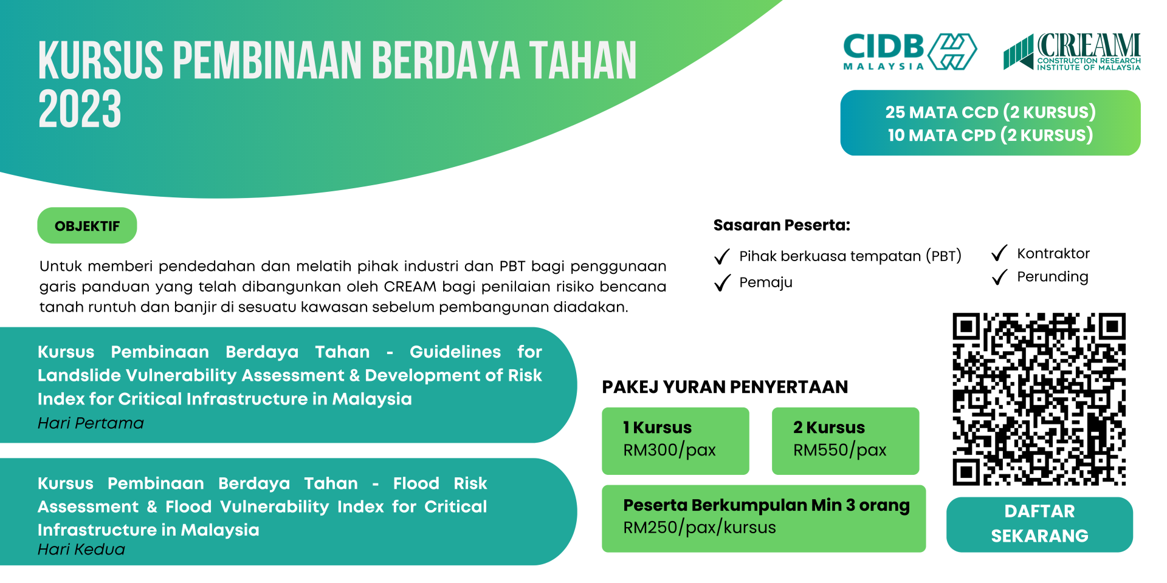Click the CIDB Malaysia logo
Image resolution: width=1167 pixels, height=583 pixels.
pyautogui.click(x=910, y=52)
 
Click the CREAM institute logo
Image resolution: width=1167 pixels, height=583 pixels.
pyautogui.click(x=1072, y=52)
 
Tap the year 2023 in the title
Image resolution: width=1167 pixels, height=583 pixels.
pyautogui.click(x=80, y=109)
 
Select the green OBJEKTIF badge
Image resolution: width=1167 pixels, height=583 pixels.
pyautogui.click(x=87, y=226)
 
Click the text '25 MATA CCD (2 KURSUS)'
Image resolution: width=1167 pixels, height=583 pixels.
pyautogui.click(x=990, y=112)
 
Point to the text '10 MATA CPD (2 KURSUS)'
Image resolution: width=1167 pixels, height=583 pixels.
pyautogui.click(x=990, y=135)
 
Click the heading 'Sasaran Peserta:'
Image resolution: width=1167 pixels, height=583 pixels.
pyautogui.click(x=782, y=225)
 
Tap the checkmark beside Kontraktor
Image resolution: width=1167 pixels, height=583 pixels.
pyautogui.click(x=1000, y=253)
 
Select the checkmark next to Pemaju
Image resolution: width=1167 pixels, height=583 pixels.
pyautogui.click(x=722, y=282)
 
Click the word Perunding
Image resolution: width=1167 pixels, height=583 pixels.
pyautogui.click(x=1053, y=277)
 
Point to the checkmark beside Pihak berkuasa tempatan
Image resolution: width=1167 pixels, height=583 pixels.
pyautogui.click(x=722, y=256)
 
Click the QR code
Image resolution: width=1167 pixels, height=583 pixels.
pyautogui.click(x=1039, y=399)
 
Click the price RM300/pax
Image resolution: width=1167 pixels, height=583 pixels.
pyautogui.click(x=669, y=450)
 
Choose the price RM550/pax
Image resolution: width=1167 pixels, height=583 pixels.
pyautogui.click(x=839, y=450)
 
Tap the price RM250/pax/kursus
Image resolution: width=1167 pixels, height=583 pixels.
pyautogui.click(x=700, y=527)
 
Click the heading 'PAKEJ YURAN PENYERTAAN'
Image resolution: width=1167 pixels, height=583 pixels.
pyautogui.click(x=725, y=387)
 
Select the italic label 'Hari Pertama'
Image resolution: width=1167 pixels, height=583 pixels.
pyautogui.click(x=91, y=423)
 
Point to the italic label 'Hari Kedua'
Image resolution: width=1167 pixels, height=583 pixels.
pyautogui.click(x=81, y=550)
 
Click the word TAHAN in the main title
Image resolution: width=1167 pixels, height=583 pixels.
pyautogui.click(x=583, y=61)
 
